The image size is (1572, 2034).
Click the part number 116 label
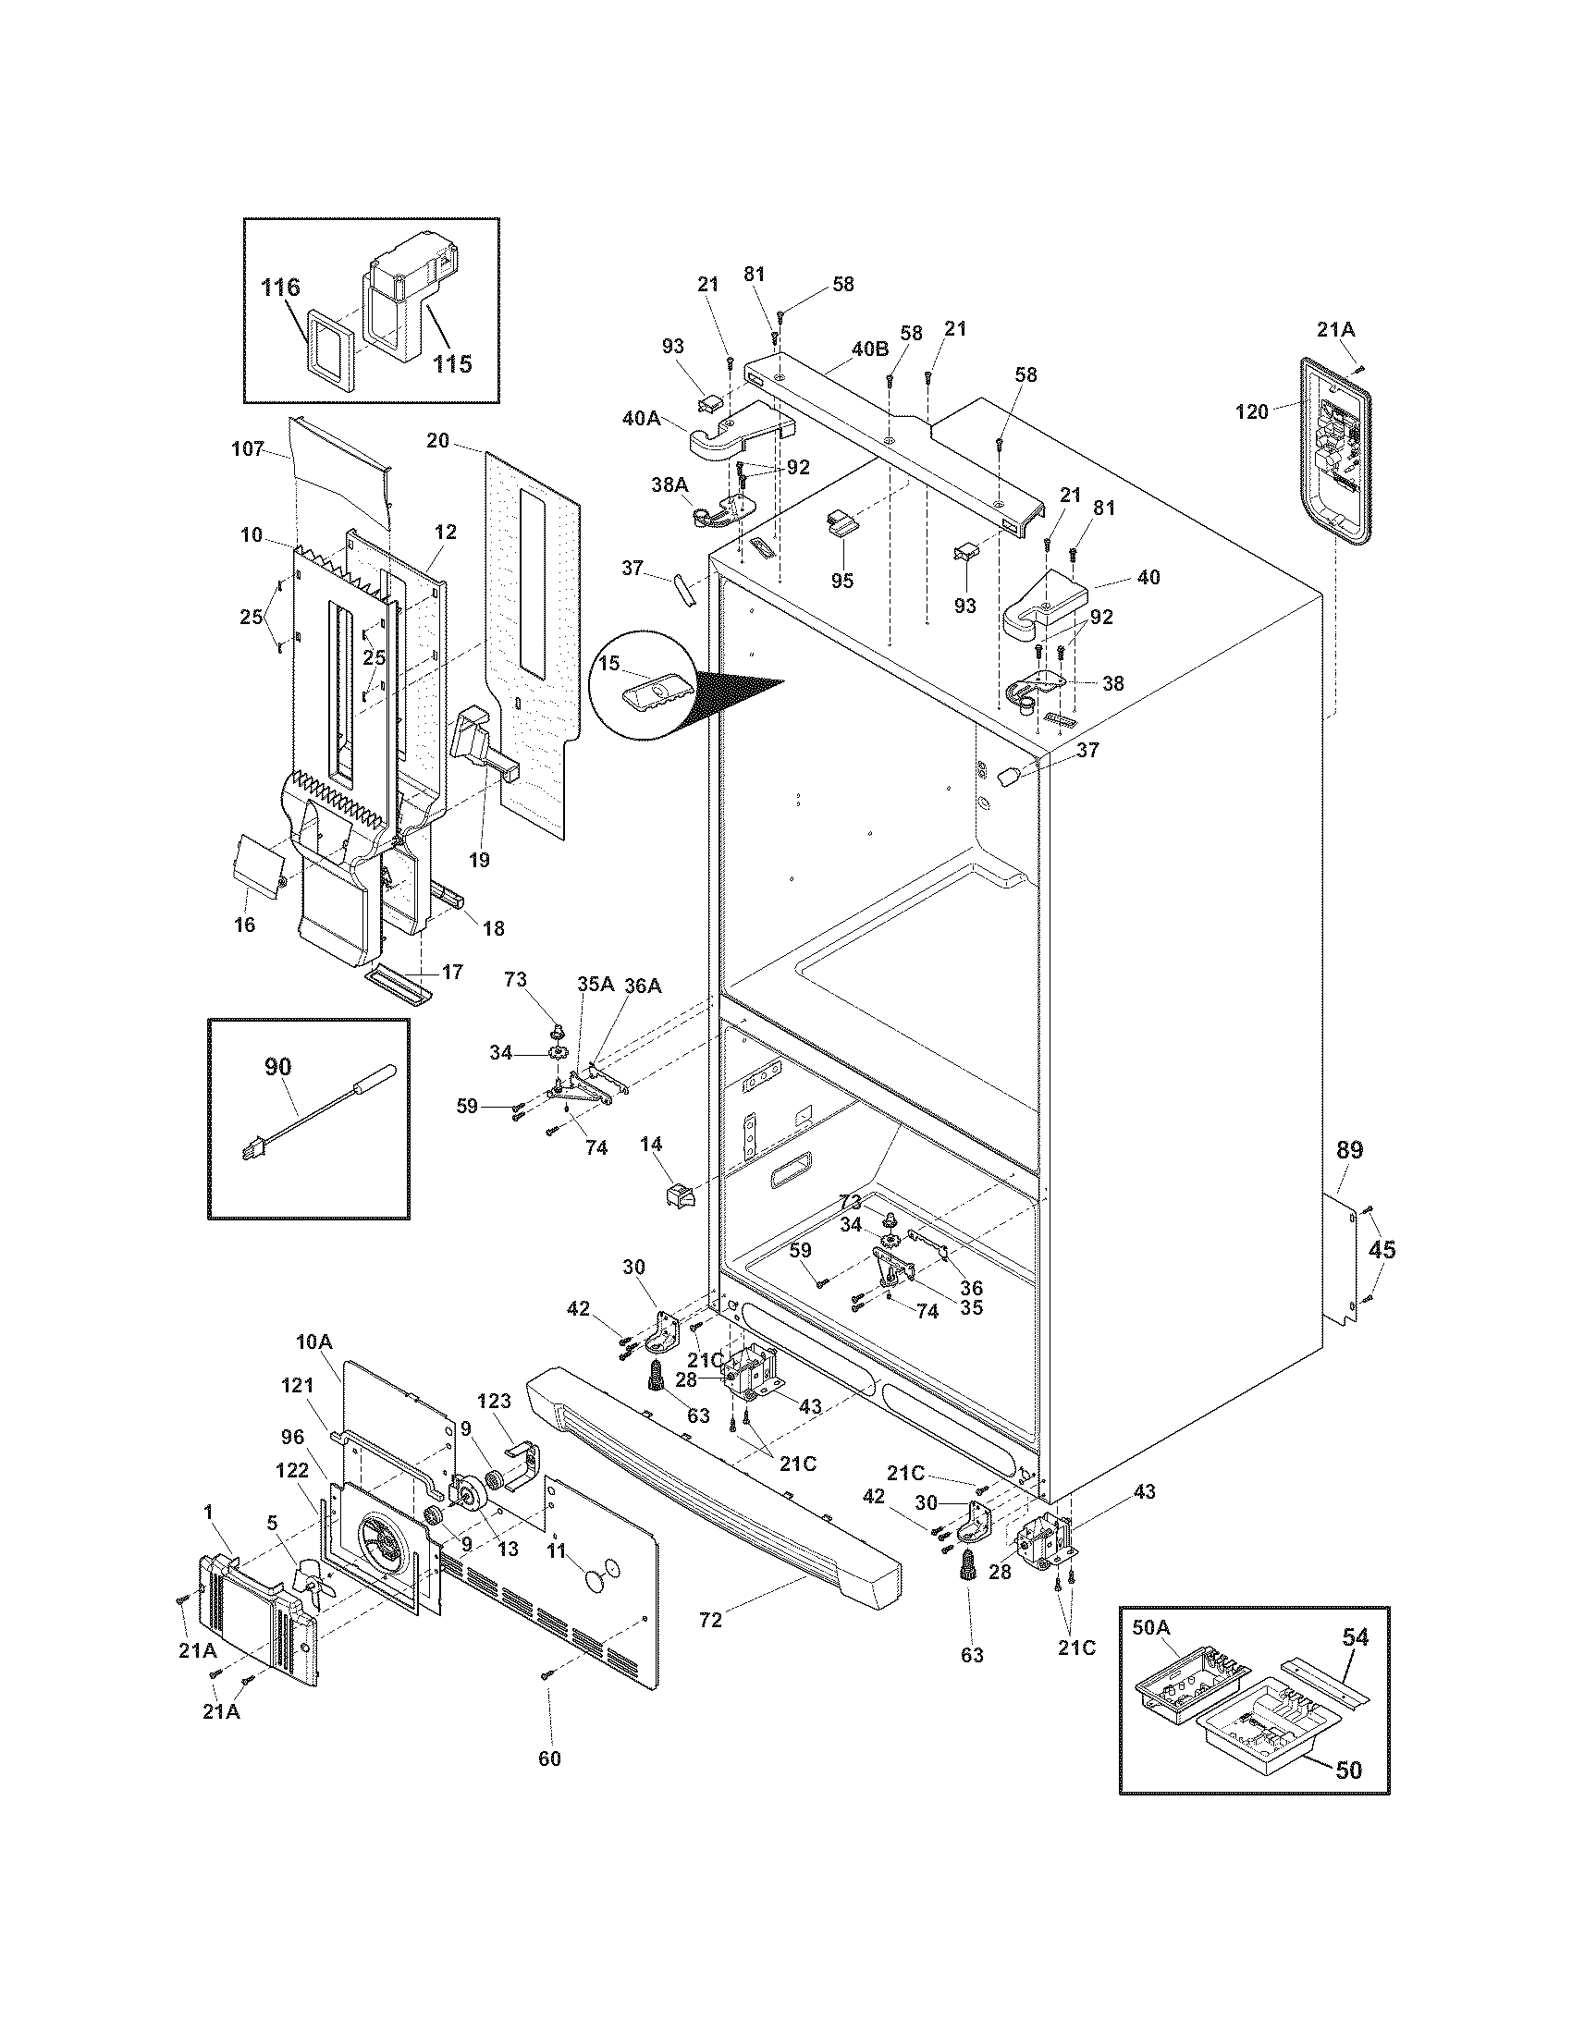(x=280, y=287)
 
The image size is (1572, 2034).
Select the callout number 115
(x=451, y=363)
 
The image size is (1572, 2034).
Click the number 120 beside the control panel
(x=1252, y=411)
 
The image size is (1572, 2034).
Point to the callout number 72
(x=709, y=1621)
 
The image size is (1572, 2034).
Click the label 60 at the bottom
(x=549, y=1758)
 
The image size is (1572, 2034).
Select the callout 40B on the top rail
(x=870, y=350)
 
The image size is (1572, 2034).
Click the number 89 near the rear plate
(x=1349, y=1150)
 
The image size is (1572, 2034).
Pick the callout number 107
(x=248, y=449)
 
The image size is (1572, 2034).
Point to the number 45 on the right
(x=1382, y=1249)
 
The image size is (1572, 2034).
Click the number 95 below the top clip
(x=842, y=581)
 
